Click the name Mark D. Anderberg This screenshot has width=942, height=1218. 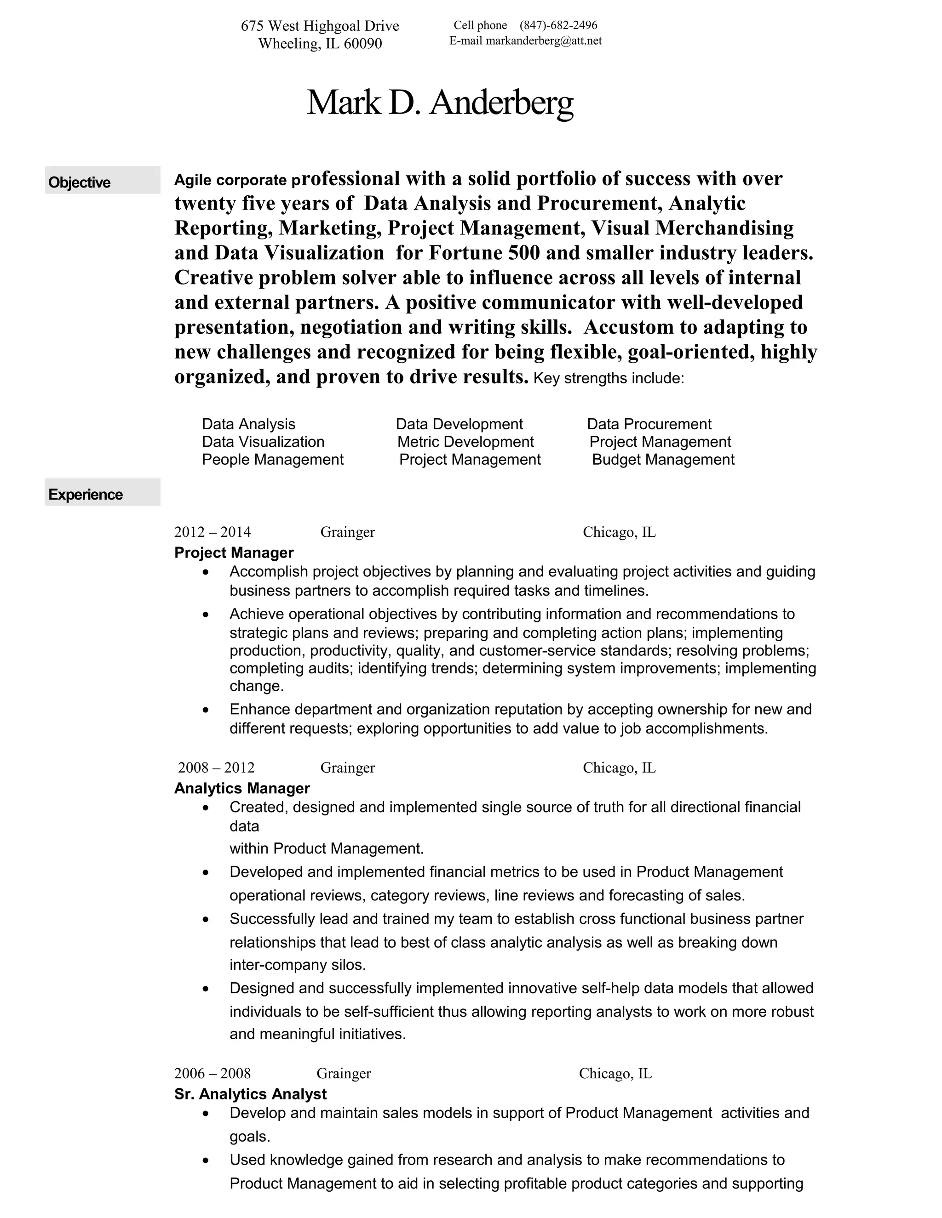point(440,102)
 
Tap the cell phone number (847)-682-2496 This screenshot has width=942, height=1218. point(558,25)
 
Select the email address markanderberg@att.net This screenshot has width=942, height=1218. point(544,41)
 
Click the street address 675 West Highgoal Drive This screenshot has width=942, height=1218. point(320,26)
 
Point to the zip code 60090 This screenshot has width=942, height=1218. point(363,44)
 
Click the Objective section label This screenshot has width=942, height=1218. point(79,182)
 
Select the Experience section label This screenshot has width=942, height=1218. point(86,495)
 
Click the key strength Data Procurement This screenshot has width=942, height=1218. point(649,424)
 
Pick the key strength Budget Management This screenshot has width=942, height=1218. point(663,460)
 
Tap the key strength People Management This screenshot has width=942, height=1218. point(272,460)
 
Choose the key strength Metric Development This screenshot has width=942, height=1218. point(465,442)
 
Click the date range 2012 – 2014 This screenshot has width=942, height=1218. point(212,532)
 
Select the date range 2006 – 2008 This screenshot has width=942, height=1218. point(212,1073)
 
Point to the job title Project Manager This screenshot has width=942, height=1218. point(234,552)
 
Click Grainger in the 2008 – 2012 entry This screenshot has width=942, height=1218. point(347,768)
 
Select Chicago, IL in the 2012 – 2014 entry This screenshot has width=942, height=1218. point(619,532)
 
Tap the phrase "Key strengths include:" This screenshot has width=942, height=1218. point(608,379)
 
